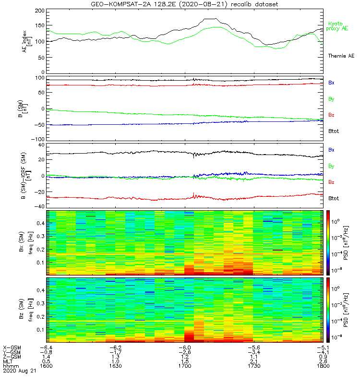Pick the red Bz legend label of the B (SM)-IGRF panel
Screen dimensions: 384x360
(x=331, y=182)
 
